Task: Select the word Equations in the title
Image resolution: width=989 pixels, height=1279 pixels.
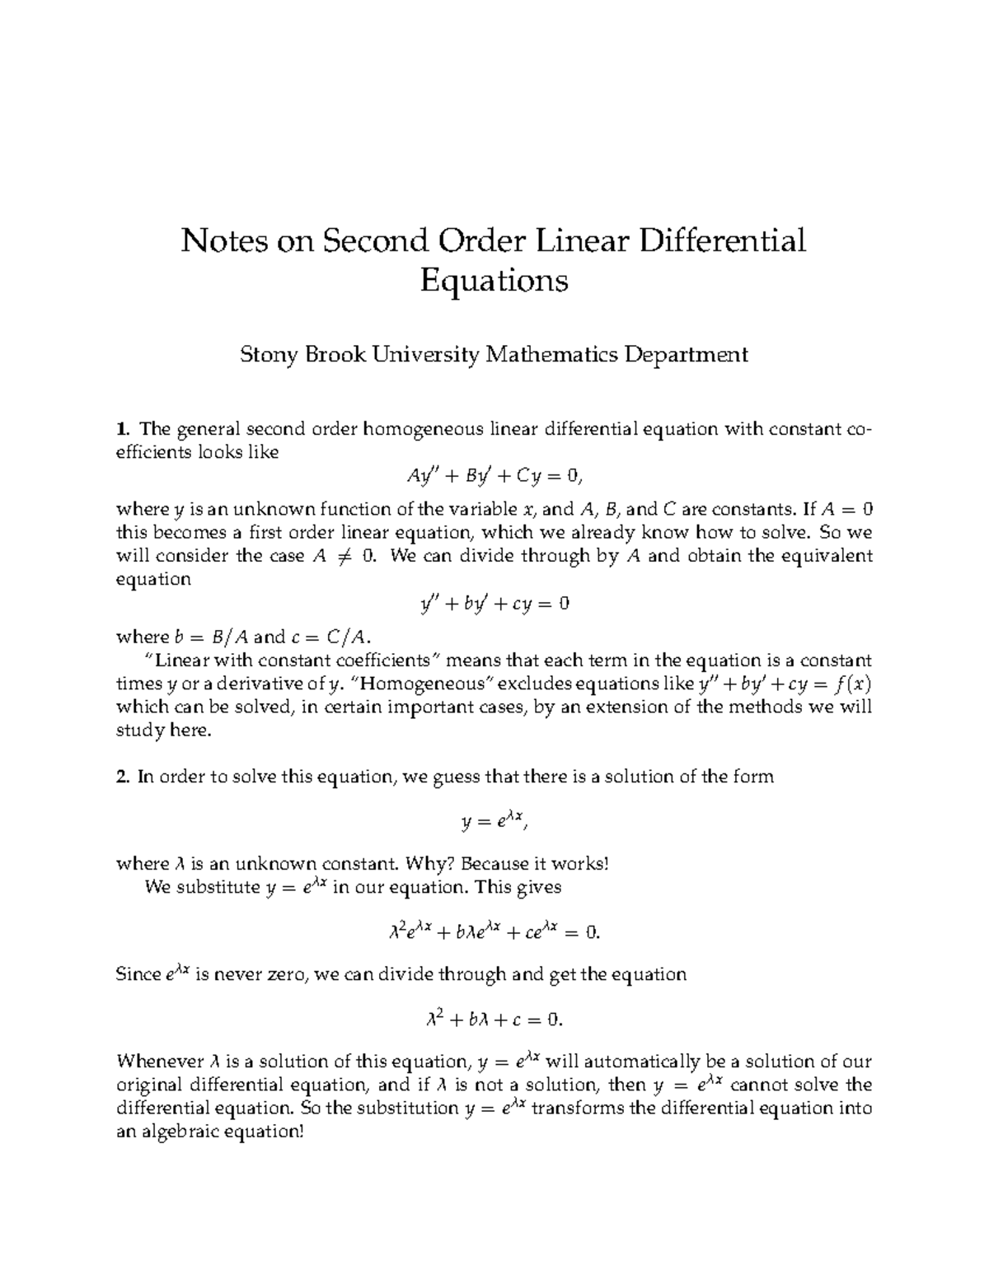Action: click(x=494, y=282)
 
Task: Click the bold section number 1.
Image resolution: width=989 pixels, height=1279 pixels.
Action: click(x=123, y=429)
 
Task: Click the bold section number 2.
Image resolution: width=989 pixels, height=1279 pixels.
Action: click(x=123, y=777)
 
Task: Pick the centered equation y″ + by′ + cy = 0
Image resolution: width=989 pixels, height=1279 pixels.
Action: click(x=494, y=604)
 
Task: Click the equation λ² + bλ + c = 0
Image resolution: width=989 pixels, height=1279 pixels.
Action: click(x=494, y=1020)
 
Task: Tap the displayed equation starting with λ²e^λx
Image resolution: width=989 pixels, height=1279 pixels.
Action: click(x=494, y=932)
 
